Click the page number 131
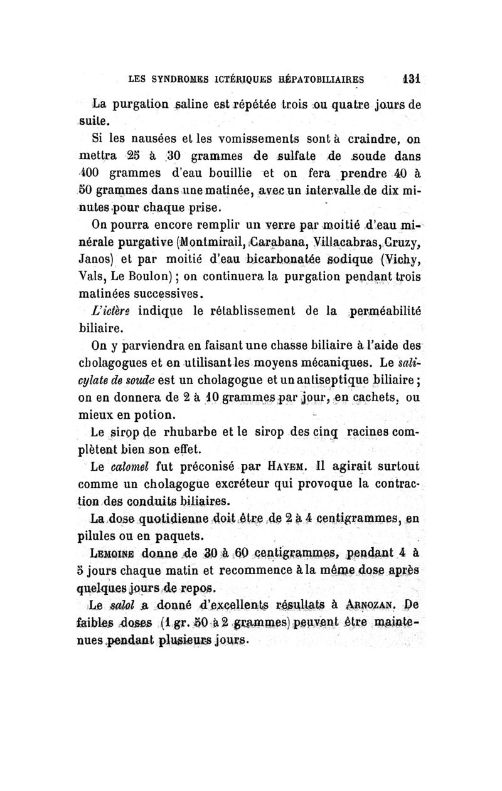(x=412, y=79)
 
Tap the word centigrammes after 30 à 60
(x=295, y=553)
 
